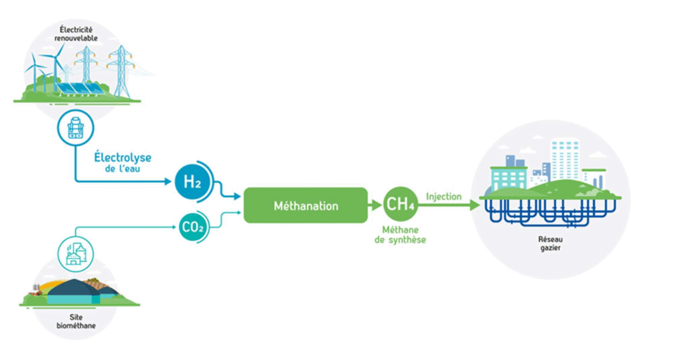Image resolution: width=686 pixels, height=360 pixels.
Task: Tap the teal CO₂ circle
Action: point(192,227)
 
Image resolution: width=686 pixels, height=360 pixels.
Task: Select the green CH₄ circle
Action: point(400,204)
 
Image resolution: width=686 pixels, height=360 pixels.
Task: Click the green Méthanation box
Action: point(305,205)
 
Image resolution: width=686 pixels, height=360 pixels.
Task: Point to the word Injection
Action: point(443,196)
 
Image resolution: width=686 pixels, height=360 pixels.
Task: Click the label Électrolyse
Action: point(123,158)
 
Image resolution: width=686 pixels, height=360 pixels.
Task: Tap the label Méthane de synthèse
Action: point(400,235)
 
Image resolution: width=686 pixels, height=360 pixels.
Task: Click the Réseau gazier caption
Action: point(551,243)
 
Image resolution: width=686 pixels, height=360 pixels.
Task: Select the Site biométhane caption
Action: point(76,322)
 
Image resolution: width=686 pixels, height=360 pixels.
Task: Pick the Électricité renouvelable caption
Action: point(76,34)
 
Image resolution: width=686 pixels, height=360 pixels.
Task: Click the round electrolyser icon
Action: point(76,128)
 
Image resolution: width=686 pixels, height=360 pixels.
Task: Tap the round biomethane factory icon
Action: point(75,254)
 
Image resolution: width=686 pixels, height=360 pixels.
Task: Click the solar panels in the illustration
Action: point(80,89)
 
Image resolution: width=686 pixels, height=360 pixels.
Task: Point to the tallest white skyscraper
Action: point(565,160)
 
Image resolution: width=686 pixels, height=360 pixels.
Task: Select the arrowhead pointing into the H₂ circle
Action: point(167,181)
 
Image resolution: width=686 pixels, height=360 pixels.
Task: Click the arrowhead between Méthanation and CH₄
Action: point(376,204)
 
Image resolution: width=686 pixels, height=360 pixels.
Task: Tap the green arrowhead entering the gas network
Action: point(475,204)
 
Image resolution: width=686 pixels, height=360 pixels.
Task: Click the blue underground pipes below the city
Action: point(551,213)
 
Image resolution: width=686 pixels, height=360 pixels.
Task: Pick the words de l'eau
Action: point(123,169)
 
